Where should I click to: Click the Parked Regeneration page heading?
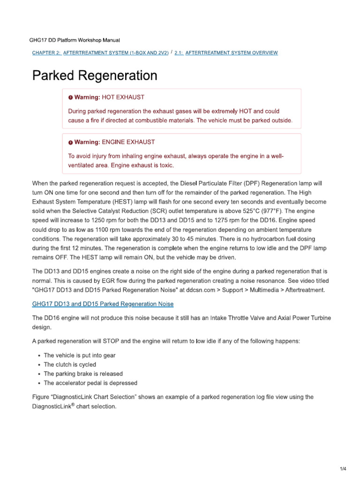tap(94, 75)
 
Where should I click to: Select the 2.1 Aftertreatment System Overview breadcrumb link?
tap(226, 53)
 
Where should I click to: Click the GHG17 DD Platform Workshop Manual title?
tap(77, 41)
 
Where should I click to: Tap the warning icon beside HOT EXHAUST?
tap(70, 97)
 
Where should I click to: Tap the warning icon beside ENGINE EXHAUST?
tap(70, 142)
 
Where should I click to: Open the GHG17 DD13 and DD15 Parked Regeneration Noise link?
tap(103, 304)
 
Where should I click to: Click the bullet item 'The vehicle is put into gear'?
tap(79, 355)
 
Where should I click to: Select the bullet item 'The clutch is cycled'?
tap(70, 365)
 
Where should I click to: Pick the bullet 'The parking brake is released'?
tap(83, 374)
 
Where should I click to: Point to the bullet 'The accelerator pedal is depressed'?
tap(90, 383)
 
